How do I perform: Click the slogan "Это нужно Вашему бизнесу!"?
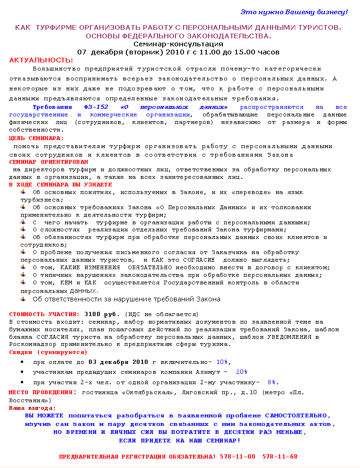coord(294,11)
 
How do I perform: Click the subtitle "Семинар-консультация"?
coord(178,44)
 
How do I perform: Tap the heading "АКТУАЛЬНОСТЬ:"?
coord(41,60)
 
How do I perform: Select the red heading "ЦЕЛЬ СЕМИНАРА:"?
coord(36,138)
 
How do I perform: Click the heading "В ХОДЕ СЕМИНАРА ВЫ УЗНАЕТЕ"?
coord(61,185)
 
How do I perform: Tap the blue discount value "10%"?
coord(223,362)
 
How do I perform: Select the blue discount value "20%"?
coord(241,372)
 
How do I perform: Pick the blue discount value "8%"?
coord(272,382)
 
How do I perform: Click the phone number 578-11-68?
coord(280,457)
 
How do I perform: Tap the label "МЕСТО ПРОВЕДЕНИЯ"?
coord(40,392)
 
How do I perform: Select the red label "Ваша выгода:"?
coord(32,407)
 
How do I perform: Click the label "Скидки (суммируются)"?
coord(48,352)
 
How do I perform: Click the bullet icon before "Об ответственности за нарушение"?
coord(24,299)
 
